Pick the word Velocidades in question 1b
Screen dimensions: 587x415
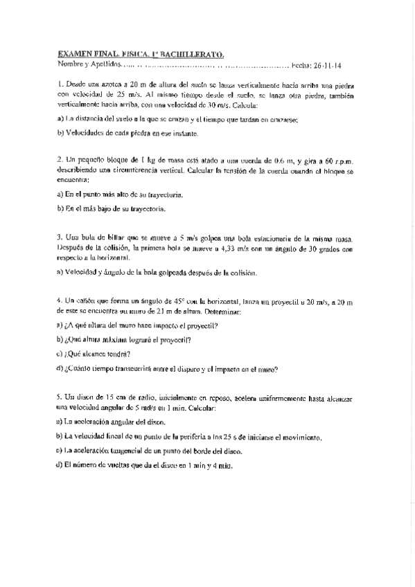point(85,133)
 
